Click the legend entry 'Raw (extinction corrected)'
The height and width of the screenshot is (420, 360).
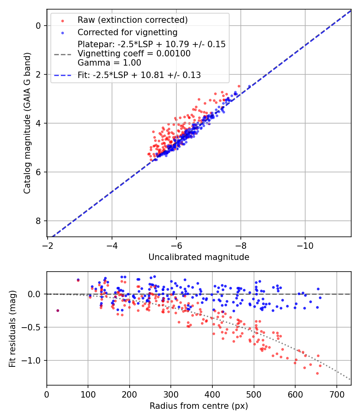132,20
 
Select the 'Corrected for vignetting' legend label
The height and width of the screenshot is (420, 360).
127,32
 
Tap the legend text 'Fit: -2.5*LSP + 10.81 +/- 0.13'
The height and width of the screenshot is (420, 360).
139,75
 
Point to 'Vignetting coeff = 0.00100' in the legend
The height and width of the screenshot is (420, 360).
134,54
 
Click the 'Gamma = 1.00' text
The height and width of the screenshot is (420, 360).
109,63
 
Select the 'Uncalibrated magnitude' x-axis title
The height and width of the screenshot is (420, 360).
199,257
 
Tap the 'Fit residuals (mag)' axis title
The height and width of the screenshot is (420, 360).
12,328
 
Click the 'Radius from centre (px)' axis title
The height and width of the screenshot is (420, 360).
199,406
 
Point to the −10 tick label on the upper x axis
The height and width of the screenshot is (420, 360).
305,244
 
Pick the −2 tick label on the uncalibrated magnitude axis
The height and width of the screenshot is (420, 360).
47,244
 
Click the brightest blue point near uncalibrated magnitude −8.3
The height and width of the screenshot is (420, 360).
249,86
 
